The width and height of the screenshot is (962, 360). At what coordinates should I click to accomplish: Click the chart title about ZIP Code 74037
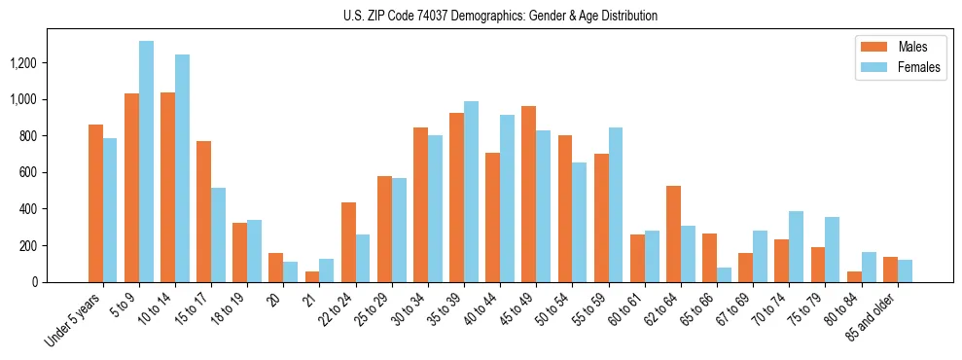pyautogui.click(x=500, y=16)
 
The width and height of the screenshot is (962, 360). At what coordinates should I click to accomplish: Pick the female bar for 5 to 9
pyautogui.click(x=146, y=162)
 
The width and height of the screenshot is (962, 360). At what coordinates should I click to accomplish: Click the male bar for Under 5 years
pyautogui.click(x=95, y=203)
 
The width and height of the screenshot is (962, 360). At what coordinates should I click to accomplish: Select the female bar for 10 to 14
pyautogui.click(x=182, y=168)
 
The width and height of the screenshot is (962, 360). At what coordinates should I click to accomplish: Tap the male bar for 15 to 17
pyautogui.click(x=204, y=211)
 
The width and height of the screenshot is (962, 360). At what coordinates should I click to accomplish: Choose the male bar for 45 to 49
pyautogui.click(x=529, y=195)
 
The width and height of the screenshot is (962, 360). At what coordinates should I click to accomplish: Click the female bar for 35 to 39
pyautogui.click(x=471, y=192)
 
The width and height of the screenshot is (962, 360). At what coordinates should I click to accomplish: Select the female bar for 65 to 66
pyautogui.click(x=724, y=274)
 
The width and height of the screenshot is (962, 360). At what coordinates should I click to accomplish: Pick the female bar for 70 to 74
pyautogui.click(x=796, y=246)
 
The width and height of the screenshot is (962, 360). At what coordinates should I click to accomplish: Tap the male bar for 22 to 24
pyautogui.click(x=348, y=242)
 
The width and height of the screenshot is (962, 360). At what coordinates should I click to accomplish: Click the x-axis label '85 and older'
pyautogui.click(x=877, y=316)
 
